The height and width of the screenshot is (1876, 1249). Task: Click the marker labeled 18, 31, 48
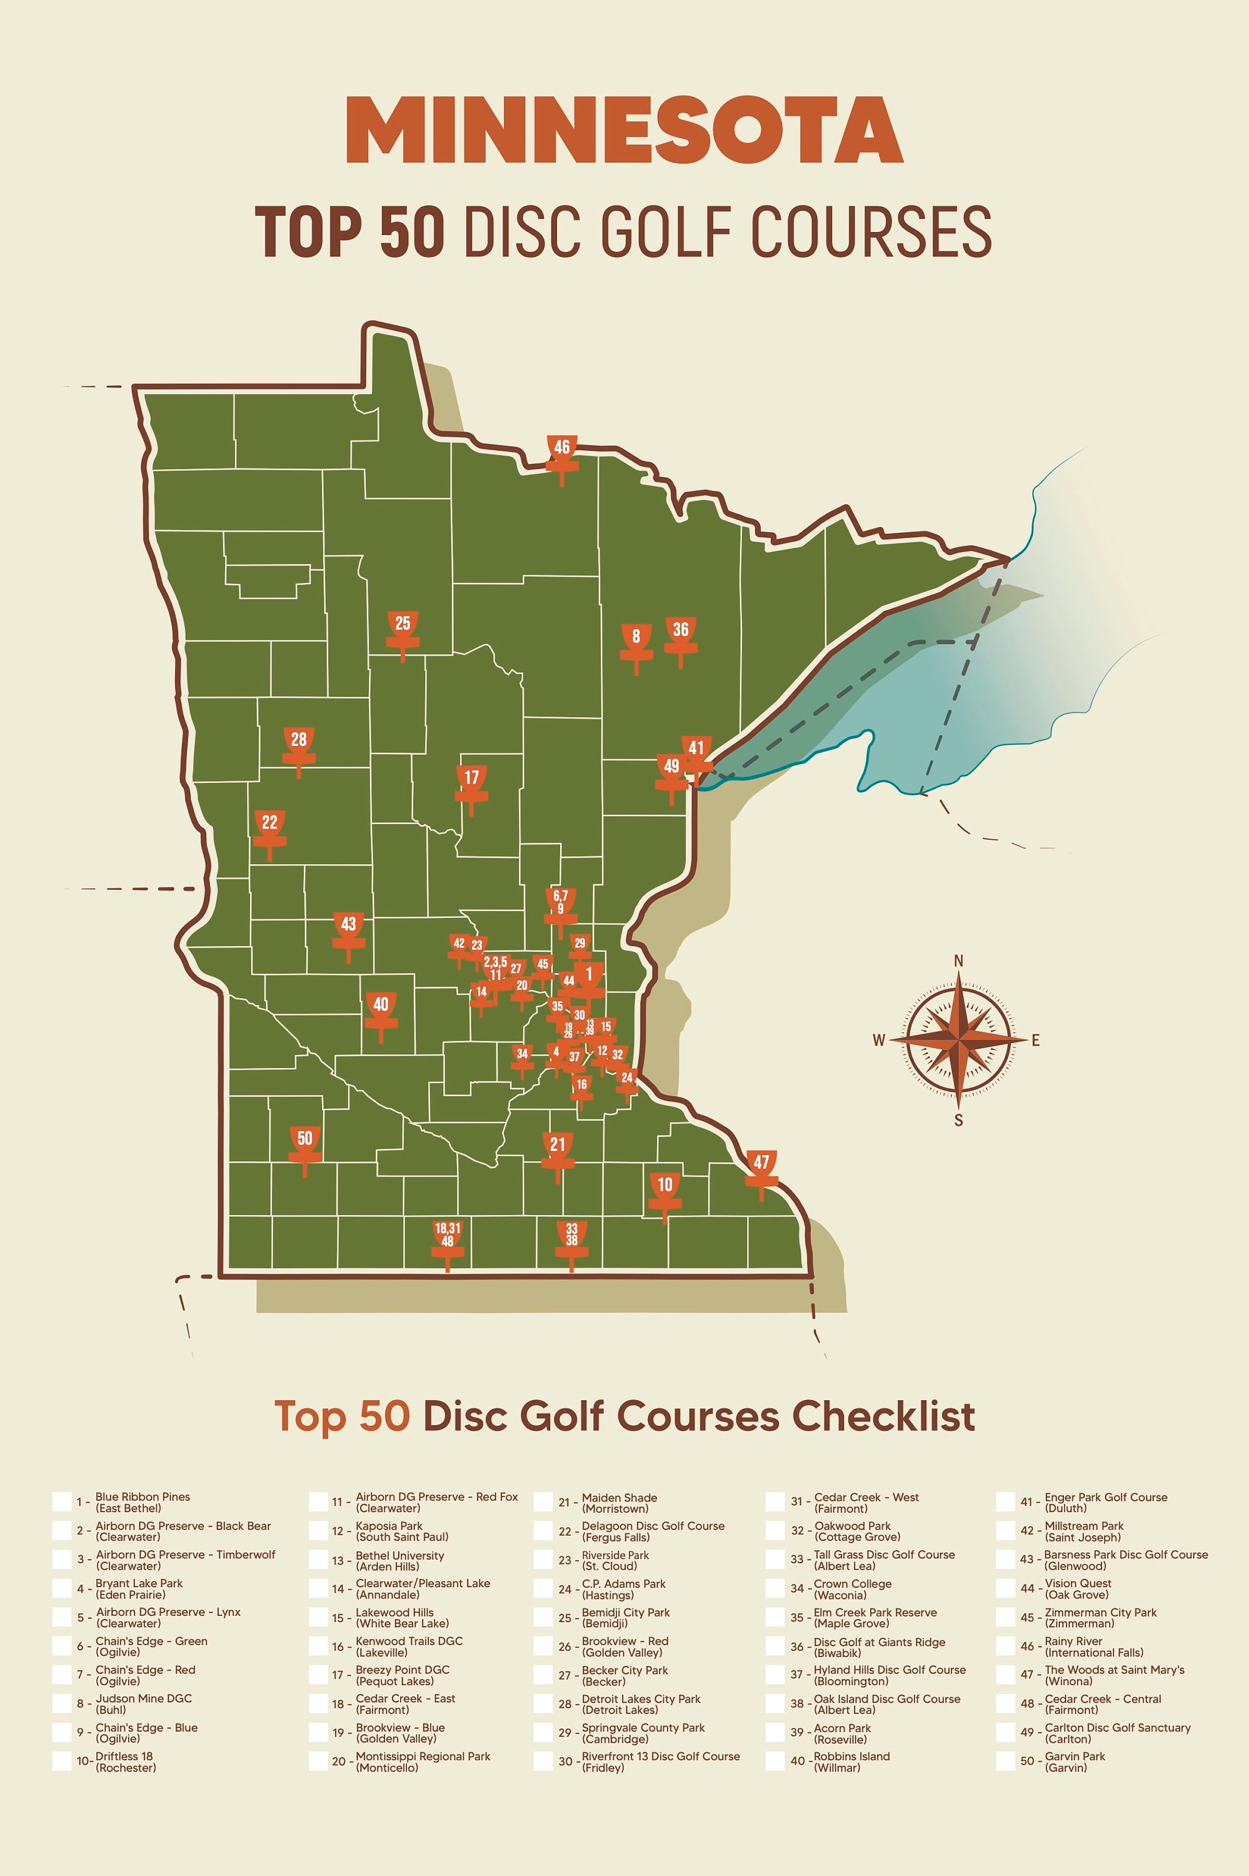coord(448,1236)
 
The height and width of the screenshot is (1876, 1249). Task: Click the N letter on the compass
coord(959,962)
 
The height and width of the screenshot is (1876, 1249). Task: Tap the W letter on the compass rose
coord(878,1041)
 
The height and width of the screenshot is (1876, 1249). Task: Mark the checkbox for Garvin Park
coord(1005,1762)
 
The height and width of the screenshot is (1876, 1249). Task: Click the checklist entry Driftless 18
coord(125,1762)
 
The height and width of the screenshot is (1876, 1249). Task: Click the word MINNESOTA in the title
coord(624,130)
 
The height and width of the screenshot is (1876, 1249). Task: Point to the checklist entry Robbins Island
coord(851,1762)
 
